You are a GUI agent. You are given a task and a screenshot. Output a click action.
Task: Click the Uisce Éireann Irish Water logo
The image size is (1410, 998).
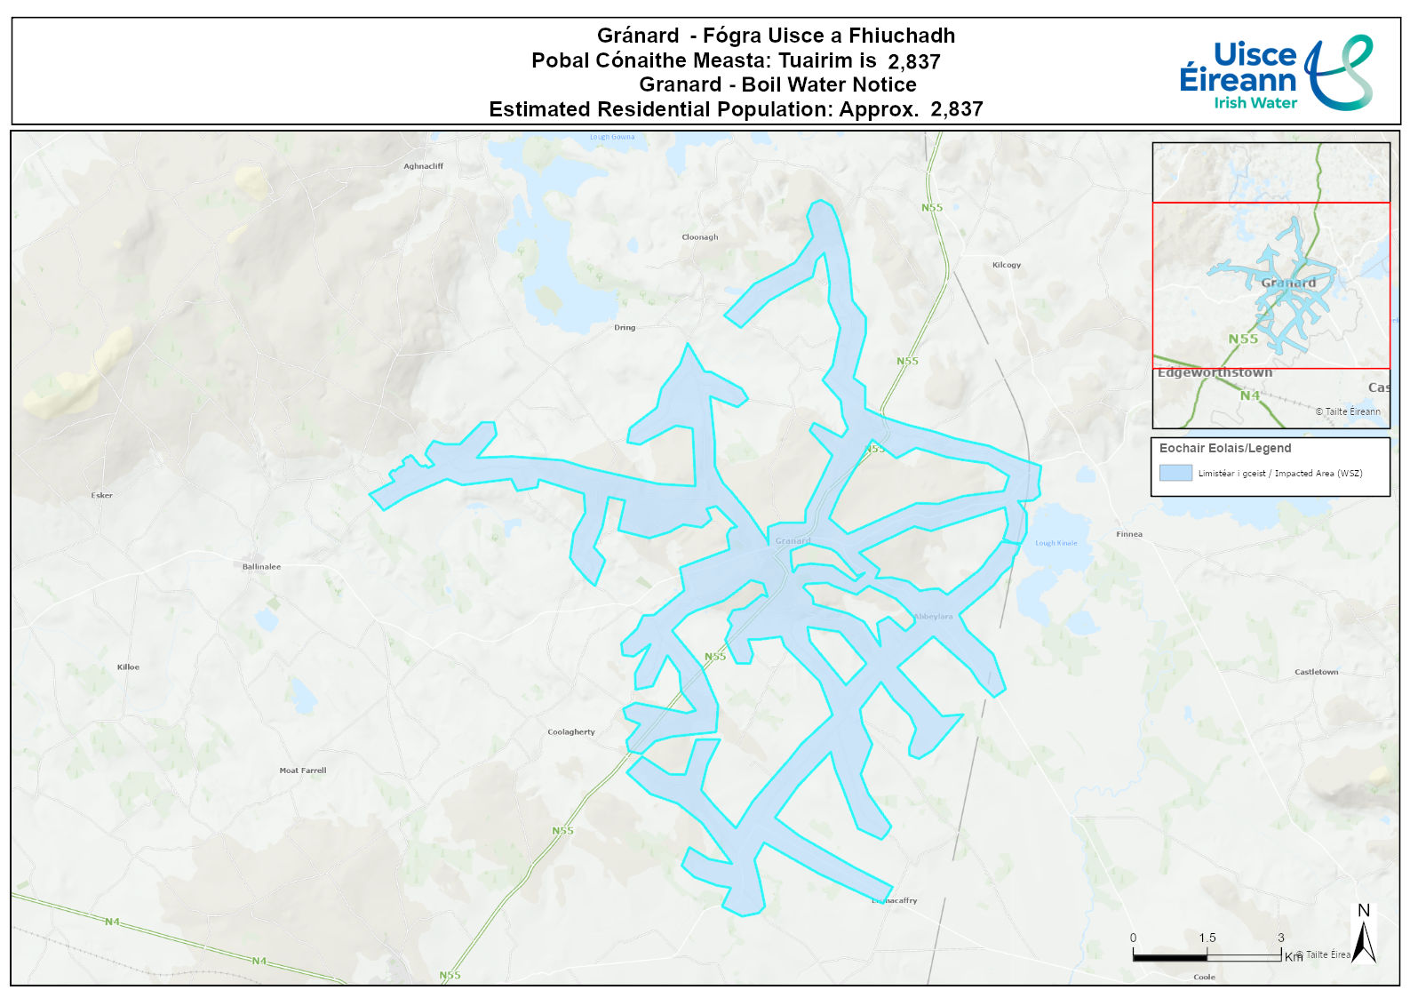coord(1275,73)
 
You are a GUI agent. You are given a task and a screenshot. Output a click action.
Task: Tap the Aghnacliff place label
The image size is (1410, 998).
coord(423,166)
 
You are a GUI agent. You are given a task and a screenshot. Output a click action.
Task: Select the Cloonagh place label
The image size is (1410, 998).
coord(699,237)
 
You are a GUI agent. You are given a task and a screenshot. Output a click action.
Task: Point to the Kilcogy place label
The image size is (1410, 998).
coord(1006,265)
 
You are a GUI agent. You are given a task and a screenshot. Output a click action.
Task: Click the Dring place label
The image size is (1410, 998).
coord(625,328)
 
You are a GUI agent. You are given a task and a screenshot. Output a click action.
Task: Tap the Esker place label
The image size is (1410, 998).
coord(102,495)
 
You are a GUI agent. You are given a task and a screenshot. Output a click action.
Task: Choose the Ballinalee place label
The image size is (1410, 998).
coord(261,566)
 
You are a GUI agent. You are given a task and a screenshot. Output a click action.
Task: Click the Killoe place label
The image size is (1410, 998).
coord(128,667)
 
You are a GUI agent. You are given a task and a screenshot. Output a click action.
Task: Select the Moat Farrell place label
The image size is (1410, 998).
coord(302,770)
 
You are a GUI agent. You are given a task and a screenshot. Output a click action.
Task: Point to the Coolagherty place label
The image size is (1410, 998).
coord(570,732)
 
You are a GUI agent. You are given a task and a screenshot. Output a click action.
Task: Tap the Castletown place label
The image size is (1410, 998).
coord(1316,672)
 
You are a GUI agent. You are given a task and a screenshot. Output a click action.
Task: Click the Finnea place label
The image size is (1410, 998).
coord(1128,534)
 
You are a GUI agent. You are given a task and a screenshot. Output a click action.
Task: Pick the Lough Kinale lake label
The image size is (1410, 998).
coord(1056,543)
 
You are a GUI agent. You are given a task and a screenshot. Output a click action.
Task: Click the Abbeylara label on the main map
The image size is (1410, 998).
coord(933,616)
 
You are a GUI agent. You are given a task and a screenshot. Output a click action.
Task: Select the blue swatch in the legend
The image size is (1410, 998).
coord(1175,473)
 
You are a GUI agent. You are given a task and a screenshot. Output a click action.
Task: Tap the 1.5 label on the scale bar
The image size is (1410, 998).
coord(1207,938)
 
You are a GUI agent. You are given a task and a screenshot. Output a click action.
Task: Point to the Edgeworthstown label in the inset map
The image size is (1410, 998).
coord(1215,372)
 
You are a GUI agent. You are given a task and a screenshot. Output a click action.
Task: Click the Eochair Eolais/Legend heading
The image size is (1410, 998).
coord(1224,448)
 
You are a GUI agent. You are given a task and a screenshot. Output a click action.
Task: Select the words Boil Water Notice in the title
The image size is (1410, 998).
coord(828,84)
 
